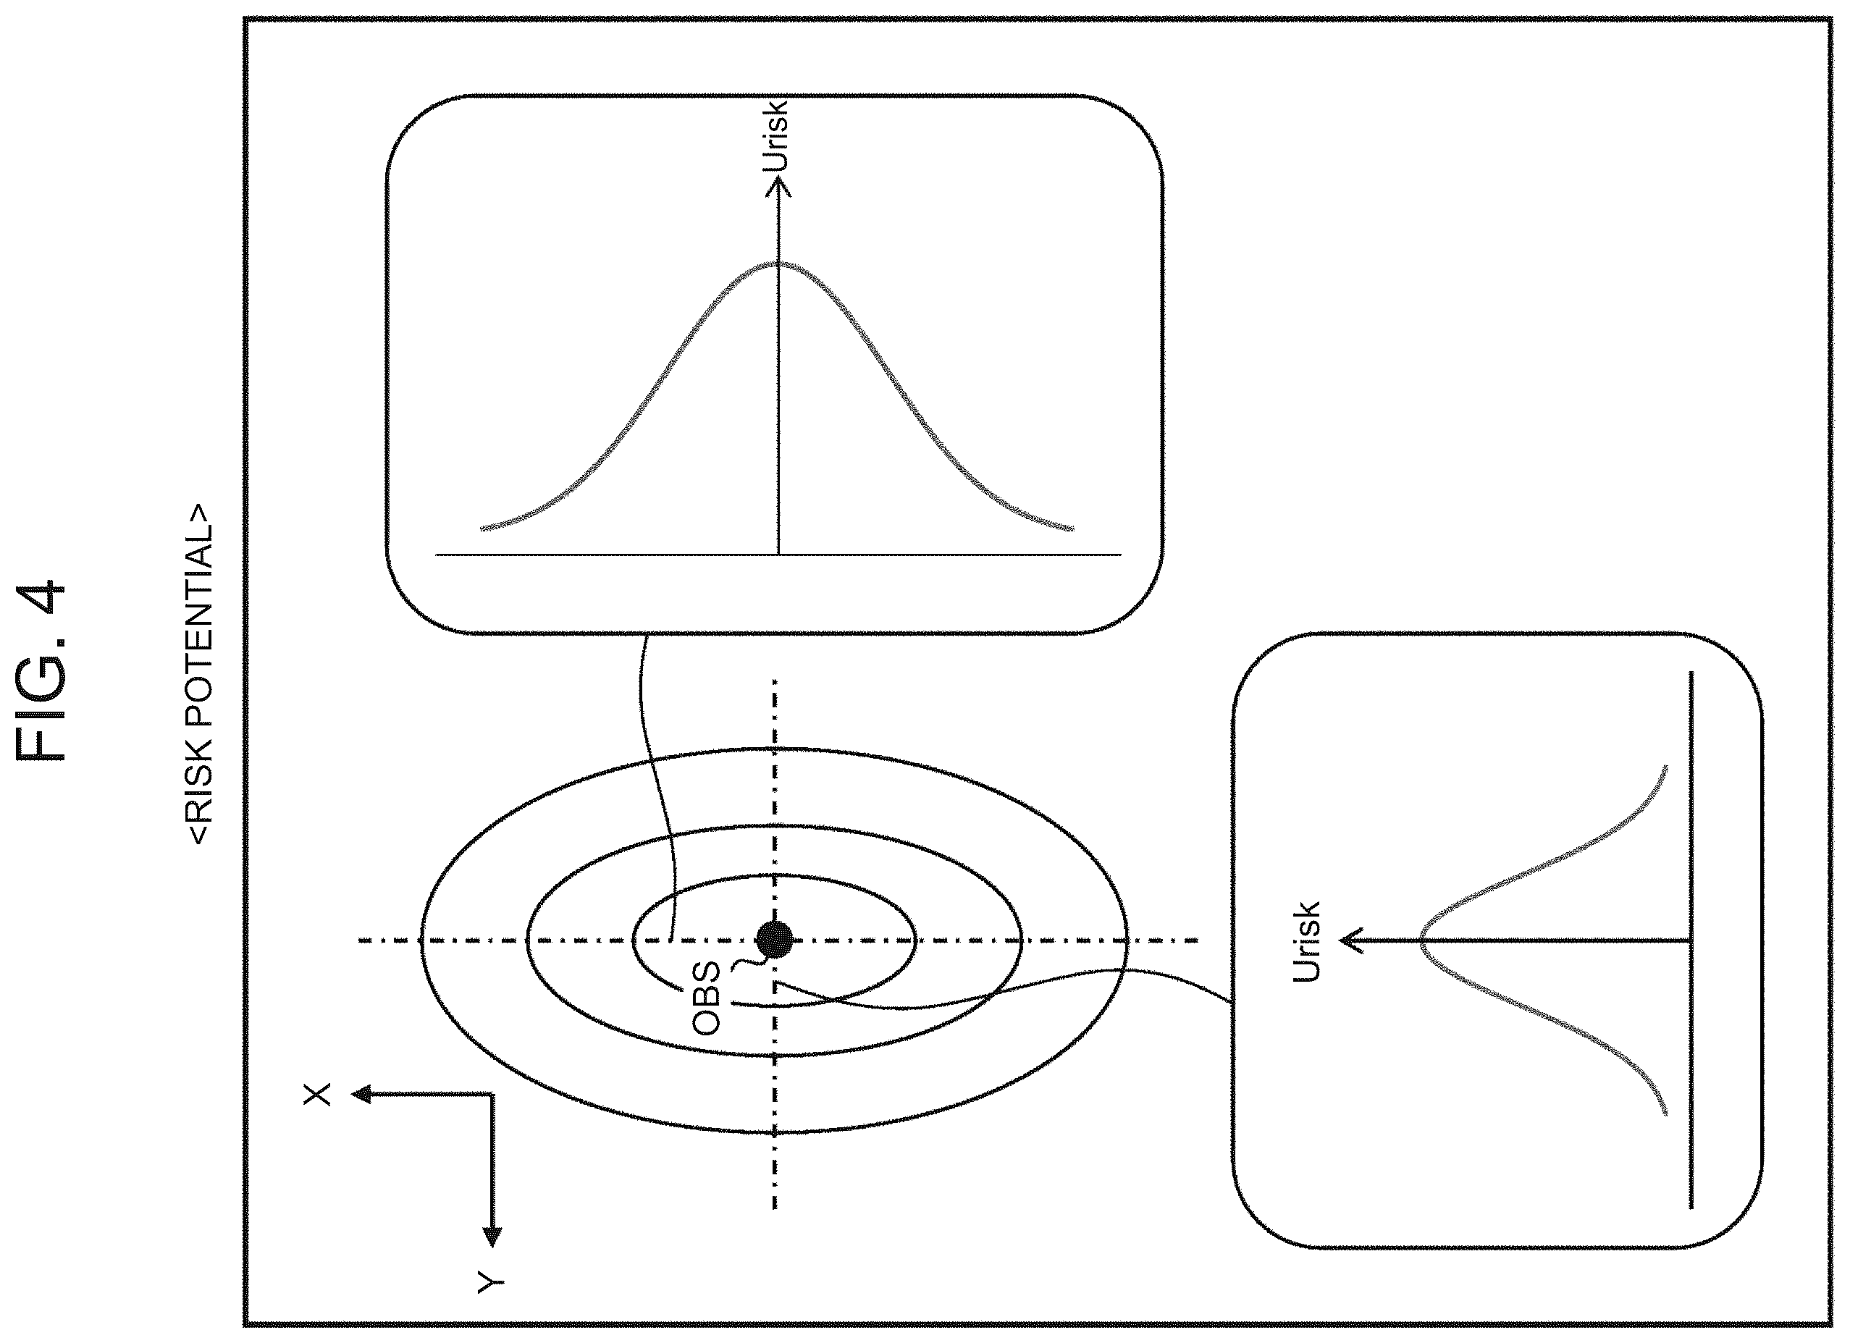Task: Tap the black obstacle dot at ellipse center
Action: pos(774,940)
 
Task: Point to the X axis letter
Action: pos(317,1094)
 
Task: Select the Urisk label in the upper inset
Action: pos(775,136)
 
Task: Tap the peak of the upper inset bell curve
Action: pos(778,264)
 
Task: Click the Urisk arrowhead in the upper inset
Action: pos(778,187)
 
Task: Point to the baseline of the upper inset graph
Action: pos(778,555)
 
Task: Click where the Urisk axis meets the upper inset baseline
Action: pos(778,555)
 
